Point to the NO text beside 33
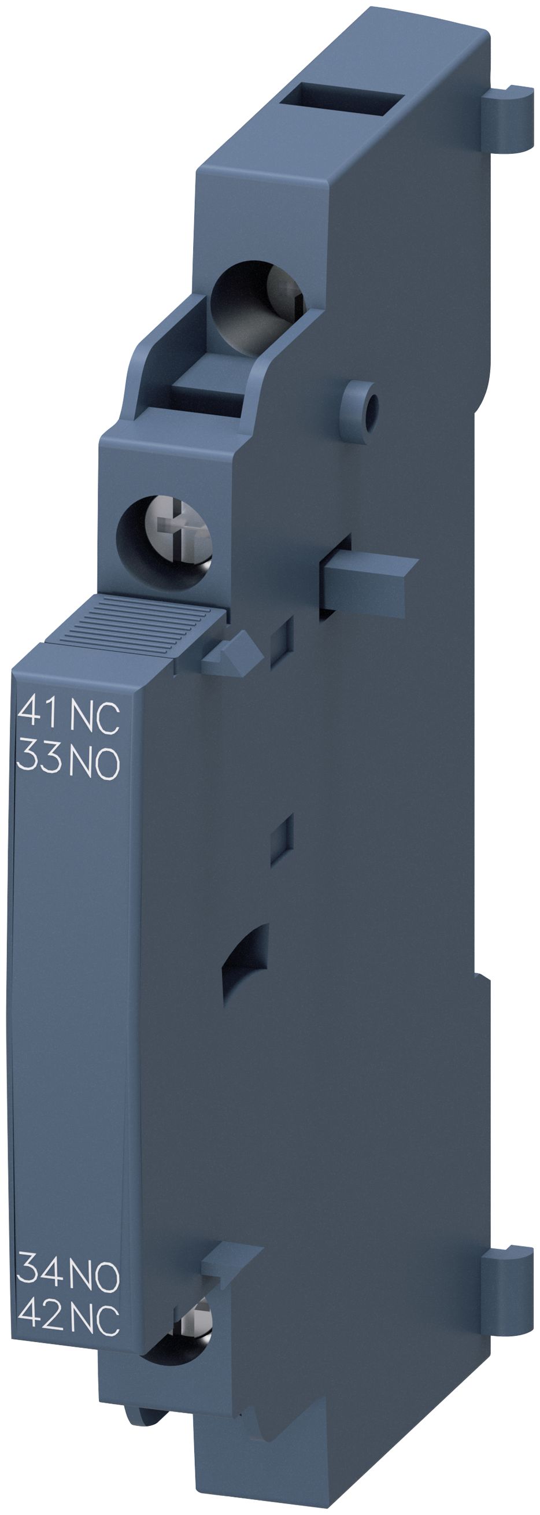coord(95,762)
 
